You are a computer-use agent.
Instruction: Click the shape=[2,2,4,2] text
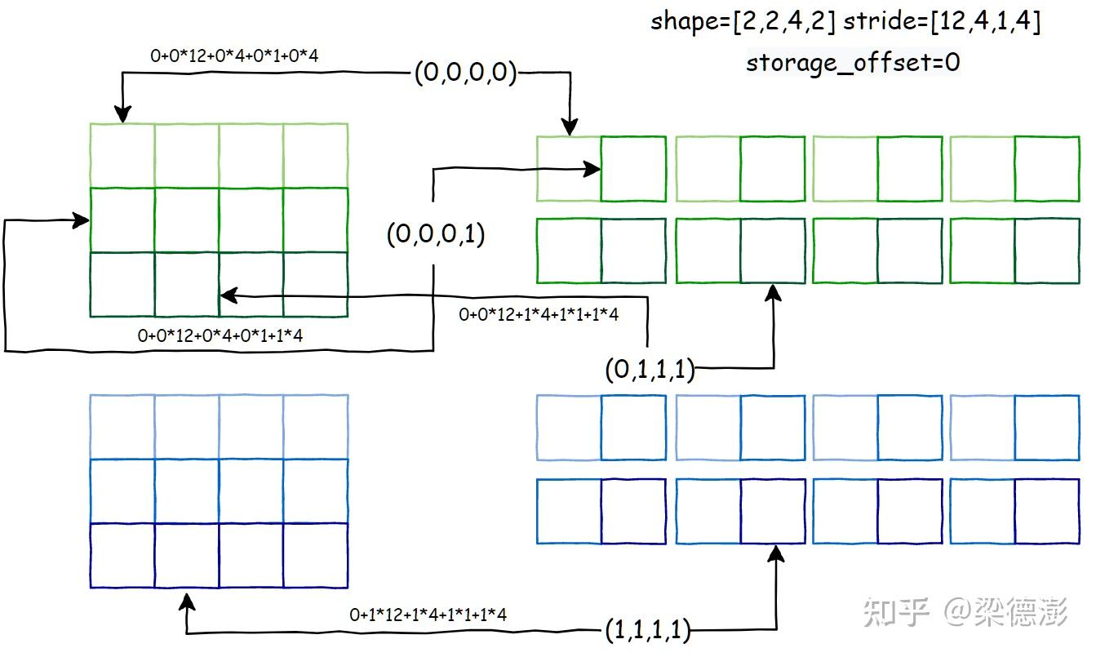point(743,22)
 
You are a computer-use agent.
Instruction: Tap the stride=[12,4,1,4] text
point(942,22)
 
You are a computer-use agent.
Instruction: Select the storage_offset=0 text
point(853,62)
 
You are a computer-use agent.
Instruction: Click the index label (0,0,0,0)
point(465,73)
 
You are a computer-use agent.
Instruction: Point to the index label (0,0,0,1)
point(436,235)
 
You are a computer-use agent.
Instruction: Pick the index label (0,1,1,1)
point(650,370)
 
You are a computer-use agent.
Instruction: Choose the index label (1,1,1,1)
point(648,629)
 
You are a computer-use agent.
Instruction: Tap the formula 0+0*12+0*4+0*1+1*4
point(220,335)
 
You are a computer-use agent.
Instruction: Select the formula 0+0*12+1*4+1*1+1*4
point(539,314)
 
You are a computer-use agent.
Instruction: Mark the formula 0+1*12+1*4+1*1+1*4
point(428,615)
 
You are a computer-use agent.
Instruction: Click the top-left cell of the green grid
point(122,155)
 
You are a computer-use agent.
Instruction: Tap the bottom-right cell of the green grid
point(316,284)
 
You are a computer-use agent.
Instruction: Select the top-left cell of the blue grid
point(122,426)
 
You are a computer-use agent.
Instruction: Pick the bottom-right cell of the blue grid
point(316,555)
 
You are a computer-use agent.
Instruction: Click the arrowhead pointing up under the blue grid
point(188,602)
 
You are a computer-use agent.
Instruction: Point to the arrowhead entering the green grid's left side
point(82,220)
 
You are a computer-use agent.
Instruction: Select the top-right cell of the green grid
point(316,155)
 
